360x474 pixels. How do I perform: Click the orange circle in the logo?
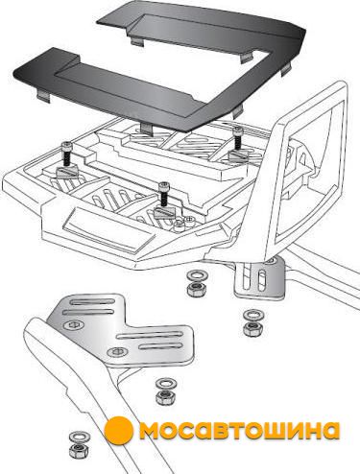pos(119,431)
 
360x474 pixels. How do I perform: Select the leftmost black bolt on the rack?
pos(67,154)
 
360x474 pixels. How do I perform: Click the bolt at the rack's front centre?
pos(163,195)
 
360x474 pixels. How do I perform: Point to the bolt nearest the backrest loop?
pos(237,138)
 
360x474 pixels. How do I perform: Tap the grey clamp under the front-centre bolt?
pos(166,212)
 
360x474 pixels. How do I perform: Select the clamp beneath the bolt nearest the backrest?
pos(239,155)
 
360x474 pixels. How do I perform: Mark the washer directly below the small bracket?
pos(253,315)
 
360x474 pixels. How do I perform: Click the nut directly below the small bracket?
pos(253,328)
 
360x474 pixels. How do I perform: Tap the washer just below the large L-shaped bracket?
pos(166,383)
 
